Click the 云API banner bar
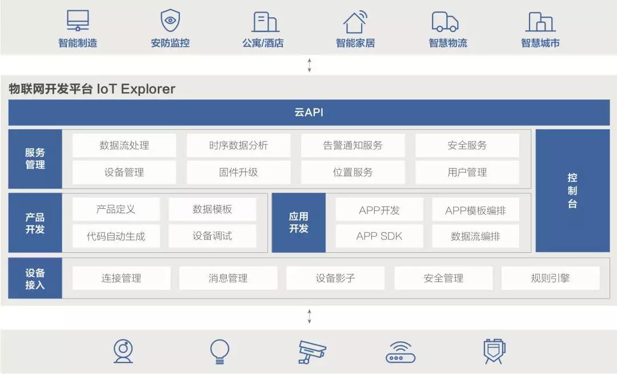click(x=309, y=112)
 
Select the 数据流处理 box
click(x=124, y=145)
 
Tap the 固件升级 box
click(x=238, y=172)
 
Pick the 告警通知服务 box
click(x=352, y=145)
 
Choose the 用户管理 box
click(x=467, y=172)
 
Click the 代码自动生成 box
click(x=116, y=236)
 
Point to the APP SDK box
click(x=379, y=236)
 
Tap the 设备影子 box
click(x=335, y=278)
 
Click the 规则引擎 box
click(x=551, y=278)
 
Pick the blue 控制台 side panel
click(x=572, y=190)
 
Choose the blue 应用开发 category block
click(x=299, y=222)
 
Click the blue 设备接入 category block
click(x=35, y=278)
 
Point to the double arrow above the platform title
click(x=309, y=65)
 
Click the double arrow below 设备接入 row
click(x=309, y=316)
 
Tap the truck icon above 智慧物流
click(x=445, y=22)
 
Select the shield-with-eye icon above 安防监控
click(x=170, y=21)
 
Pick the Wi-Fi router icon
click(x=400, y=352)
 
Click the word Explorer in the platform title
click(x=148, y=89)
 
